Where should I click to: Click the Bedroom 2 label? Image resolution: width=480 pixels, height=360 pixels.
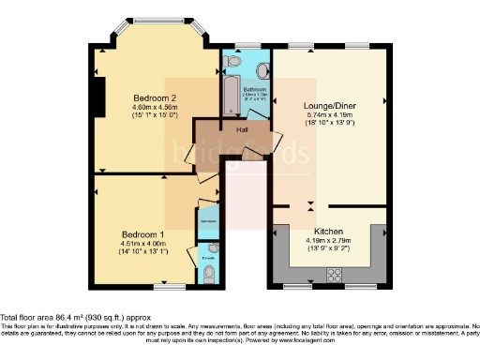(155, 98)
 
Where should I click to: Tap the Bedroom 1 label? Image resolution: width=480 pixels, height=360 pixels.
(143, 234)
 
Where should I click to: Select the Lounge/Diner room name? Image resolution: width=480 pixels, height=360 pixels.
(327, 106)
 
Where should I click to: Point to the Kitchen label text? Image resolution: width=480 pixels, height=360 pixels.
(328, 232)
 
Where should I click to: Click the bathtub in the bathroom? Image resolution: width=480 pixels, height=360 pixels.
(231, 95)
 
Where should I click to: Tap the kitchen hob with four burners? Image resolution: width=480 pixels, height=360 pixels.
(333, 274)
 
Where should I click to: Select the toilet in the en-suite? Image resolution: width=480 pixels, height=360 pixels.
(208, 275)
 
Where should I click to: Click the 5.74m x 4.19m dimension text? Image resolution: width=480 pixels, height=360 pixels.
(327, 114)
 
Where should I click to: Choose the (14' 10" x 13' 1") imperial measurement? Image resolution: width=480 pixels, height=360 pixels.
(143, 252)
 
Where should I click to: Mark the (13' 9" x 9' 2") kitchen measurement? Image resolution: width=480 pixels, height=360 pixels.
(328, 248)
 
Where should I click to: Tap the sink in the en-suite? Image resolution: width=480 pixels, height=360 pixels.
(213, 248)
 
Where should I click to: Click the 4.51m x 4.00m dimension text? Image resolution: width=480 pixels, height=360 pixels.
(143, 244)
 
